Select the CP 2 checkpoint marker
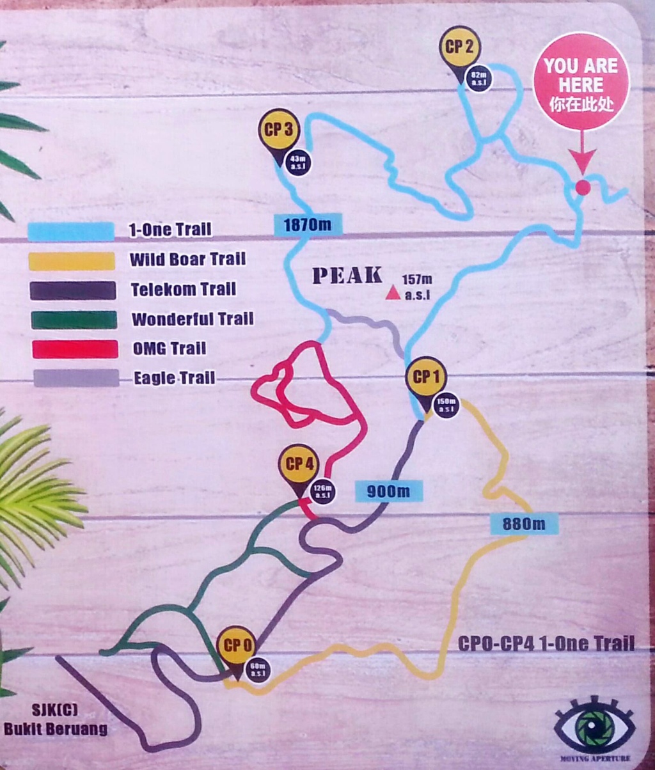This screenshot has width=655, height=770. click(460, 47)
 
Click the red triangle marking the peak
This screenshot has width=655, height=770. click(392, 294)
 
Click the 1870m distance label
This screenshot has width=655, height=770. click(308, 224)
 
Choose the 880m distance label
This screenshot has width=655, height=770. click(524, 524)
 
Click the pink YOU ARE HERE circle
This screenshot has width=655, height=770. click(581, 81)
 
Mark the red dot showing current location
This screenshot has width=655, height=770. click(582, 187)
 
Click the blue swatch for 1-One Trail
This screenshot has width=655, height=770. click(71, 231)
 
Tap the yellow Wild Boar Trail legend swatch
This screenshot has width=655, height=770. click(71, 260)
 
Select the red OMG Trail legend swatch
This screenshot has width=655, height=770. click(75, 349)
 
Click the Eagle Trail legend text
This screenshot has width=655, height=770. click(174, 379)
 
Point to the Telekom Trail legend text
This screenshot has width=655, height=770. click(183, 290)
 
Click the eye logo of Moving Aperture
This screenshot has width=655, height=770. click(594, 728)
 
